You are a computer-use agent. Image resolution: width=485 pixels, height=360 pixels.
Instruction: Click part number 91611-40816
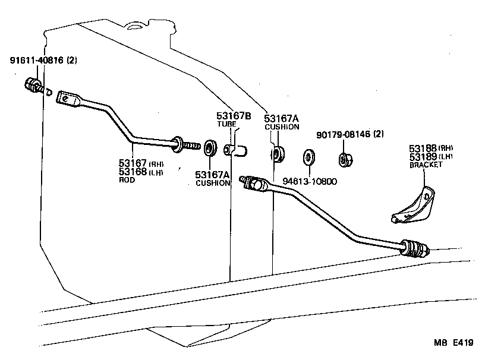pyautogui.click(x=37, y=60)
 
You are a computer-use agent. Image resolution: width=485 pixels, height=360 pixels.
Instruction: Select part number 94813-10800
pyautogui.click(x=309, y=181)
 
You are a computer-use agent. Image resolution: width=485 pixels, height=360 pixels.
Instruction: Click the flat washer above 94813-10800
pyautogui.click(x=309, y=157)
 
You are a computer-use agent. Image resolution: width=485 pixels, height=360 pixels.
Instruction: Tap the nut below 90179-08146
pyautogui.click(x=344, y=159)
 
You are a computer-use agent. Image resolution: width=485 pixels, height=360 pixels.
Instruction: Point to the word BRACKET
pyautogui.click(x=426, y=165)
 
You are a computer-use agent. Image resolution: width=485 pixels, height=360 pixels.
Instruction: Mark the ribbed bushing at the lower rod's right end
pyautogui.click(x=415, y=248)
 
